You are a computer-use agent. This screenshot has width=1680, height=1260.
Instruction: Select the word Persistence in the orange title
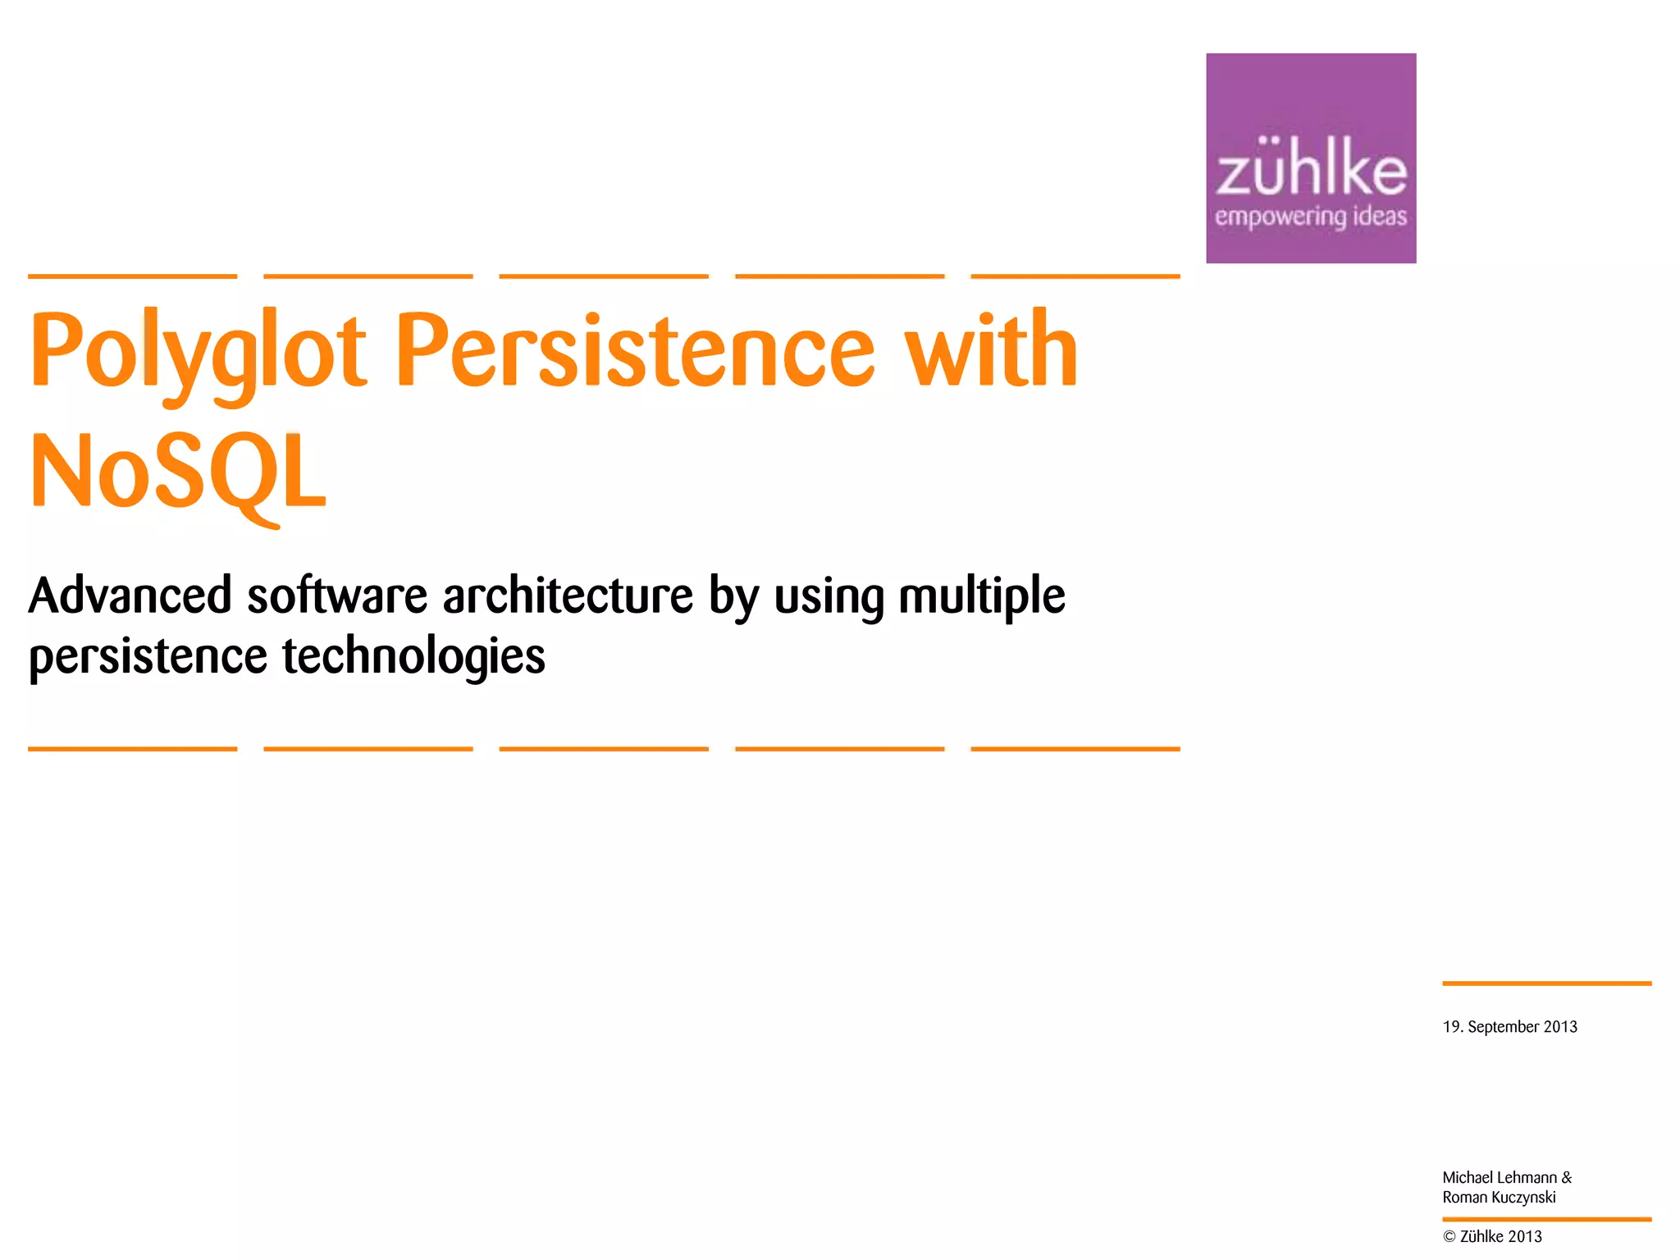(636, 351)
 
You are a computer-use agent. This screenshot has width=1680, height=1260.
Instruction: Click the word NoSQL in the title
(179, 472)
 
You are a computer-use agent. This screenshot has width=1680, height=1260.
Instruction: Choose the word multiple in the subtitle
(981, 597)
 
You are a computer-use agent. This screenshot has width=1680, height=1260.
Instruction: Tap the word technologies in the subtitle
(413, 657)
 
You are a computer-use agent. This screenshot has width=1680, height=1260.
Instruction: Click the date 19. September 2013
(1509, 1027)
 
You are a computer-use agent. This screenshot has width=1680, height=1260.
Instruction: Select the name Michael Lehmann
(1499, 1178)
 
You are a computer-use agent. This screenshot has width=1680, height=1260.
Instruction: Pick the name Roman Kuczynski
(1499, 1198)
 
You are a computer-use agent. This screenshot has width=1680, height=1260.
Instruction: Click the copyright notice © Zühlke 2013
(1492, 1237)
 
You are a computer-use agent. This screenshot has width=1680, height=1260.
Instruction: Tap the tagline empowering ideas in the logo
(1310, 217)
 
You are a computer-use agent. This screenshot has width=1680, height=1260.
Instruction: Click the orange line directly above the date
(1546, 983)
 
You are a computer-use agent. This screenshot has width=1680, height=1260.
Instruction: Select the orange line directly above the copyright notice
(1546, 1220)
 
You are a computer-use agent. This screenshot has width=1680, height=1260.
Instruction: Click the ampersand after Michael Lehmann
(1567, 1178)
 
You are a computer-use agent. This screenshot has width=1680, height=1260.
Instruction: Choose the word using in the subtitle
(829, 597)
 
